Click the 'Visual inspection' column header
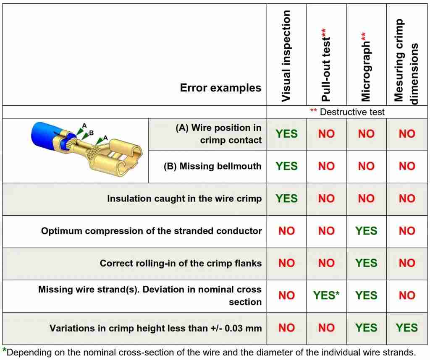point(286,56)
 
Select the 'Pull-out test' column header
point(326,65)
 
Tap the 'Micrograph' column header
point(366,67)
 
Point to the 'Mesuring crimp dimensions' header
point(406,61)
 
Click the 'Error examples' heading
point(220,88)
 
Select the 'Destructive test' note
point(347,112)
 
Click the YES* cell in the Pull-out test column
point(326,295)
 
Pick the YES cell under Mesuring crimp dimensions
point(406,328)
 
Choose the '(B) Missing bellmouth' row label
point(212,166)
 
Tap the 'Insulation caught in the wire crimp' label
point(184,198)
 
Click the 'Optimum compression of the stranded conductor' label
point(151,231)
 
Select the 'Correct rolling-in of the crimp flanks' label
point(181,263)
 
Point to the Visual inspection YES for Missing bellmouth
point(286,166)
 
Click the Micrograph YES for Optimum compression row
point(366,231)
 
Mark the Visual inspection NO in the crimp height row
point(286,328)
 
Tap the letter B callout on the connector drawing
point(91,133)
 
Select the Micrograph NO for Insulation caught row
point(366,198)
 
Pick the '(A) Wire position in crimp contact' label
point(218,134)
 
